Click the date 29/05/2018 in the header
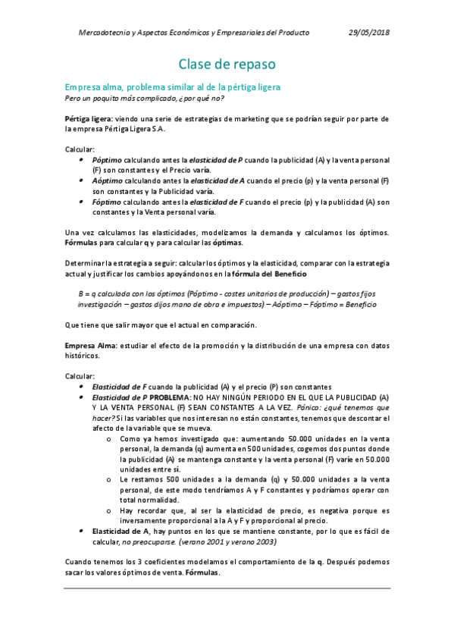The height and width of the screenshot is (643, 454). [x=369, y=33]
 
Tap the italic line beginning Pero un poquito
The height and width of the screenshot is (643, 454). [x=144, y=99]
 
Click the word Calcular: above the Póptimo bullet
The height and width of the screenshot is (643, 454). [x=80, y=149]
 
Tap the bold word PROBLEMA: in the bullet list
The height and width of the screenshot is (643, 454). [x=171, y=397]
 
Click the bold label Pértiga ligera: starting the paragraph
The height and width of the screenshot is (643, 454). [x=89, y=119]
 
